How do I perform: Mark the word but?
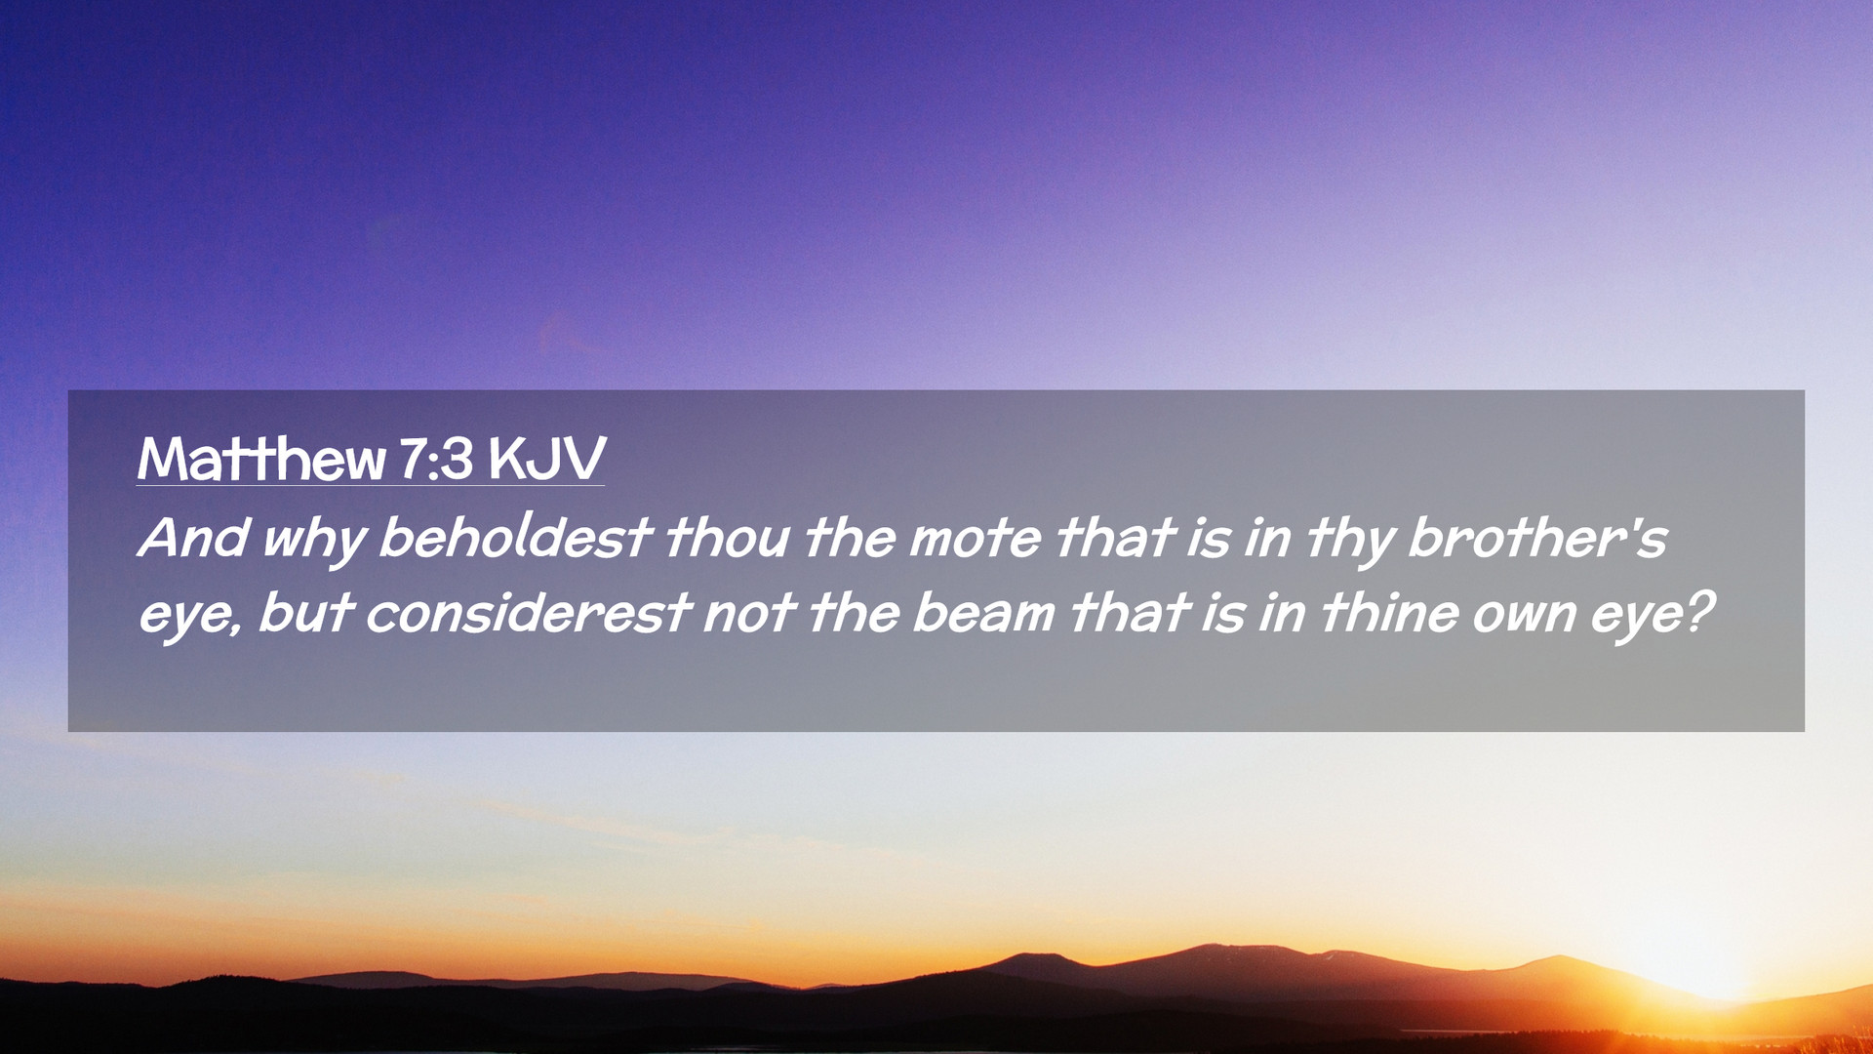point(304,613)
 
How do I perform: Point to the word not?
point(749,615)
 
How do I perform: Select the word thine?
point(1389,613)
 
